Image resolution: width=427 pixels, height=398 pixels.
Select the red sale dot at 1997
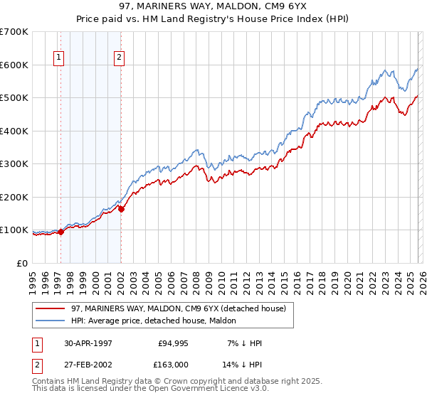click(61, 231)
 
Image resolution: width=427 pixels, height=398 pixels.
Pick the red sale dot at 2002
click(121, 209)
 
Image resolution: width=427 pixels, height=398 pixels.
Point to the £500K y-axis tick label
click(14, 98)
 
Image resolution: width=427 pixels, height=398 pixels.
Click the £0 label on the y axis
click(23, 263)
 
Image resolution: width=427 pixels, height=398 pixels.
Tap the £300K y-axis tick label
click(14, 164)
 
